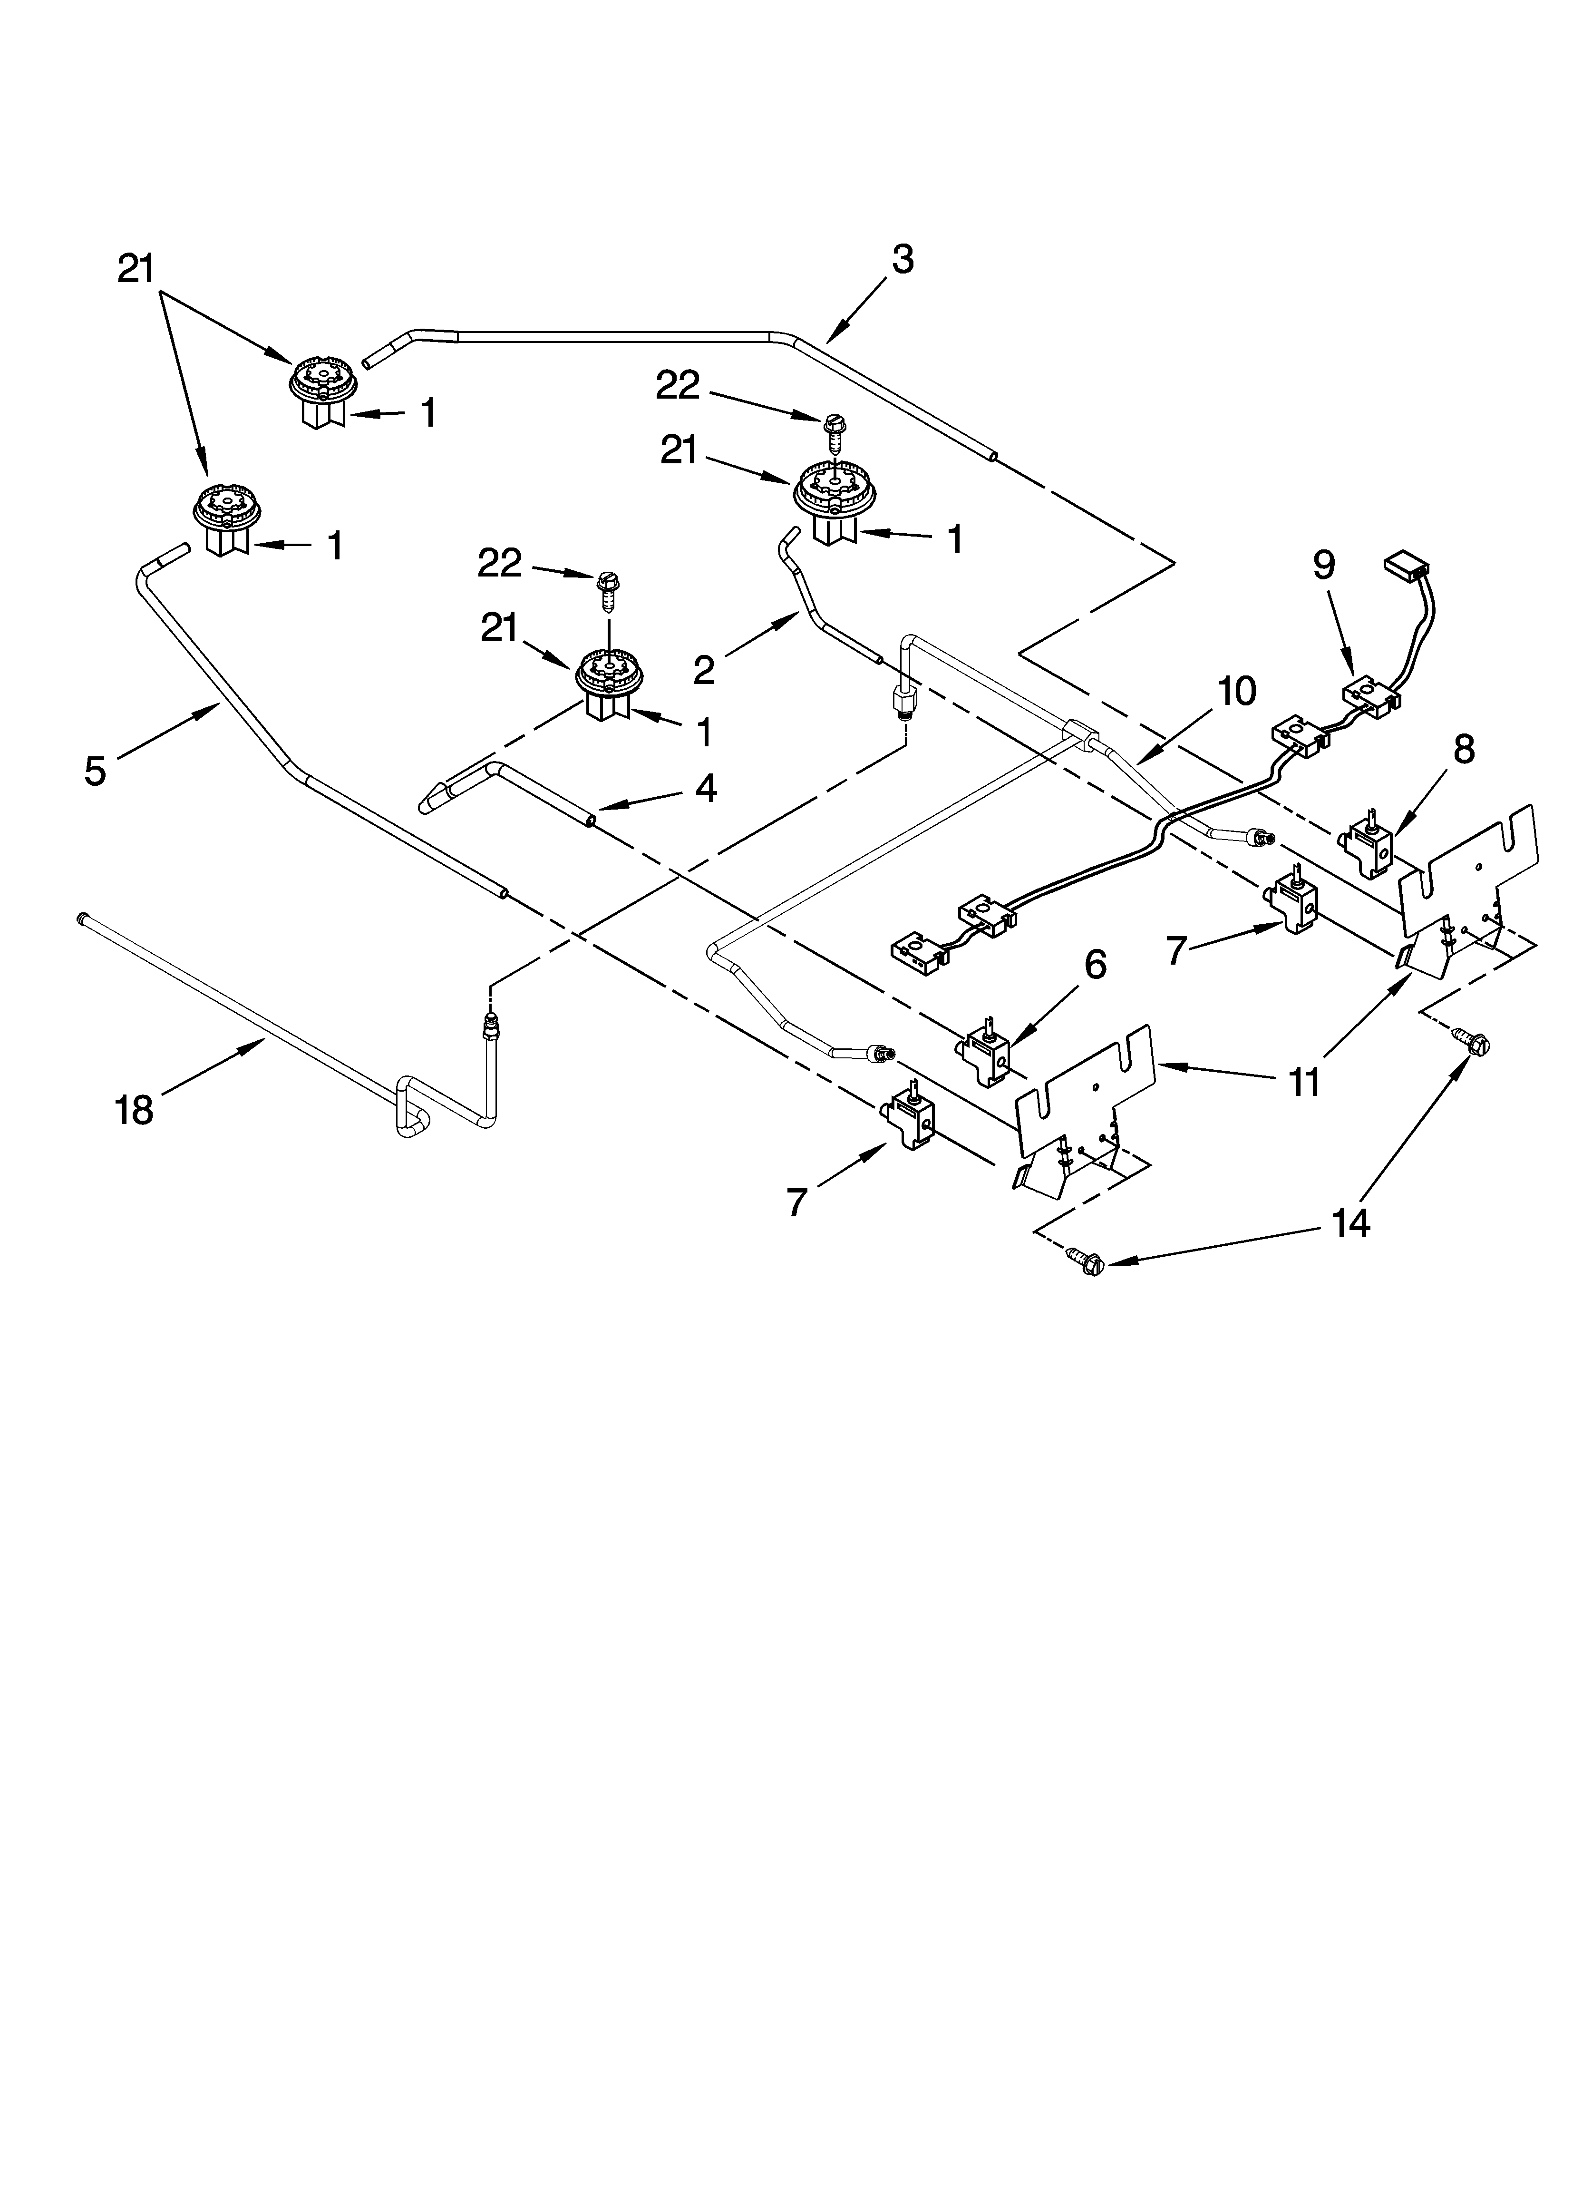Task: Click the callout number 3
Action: pos(902,260)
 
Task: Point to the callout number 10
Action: pos(1236,691)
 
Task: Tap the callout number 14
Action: pos(1349,1223)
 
